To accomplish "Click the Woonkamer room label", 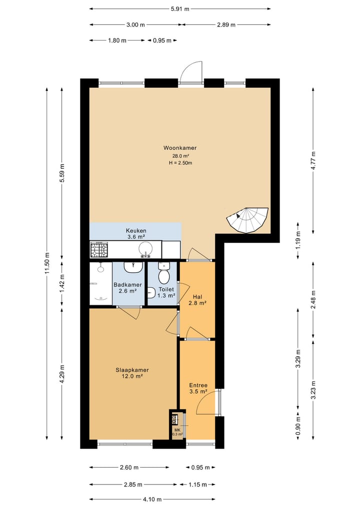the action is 180,148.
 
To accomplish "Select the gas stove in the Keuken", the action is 99,249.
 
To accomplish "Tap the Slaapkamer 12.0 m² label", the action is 132,373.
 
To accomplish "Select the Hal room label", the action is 197,296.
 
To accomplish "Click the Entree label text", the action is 198,385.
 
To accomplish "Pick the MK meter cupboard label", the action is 177,430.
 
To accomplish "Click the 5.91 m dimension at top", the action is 180,9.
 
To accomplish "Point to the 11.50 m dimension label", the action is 47,263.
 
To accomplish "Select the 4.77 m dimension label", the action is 313,161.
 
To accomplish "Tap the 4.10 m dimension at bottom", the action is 152,499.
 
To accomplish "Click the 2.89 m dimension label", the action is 226,24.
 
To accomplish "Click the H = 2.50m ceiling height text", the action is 180,163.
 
